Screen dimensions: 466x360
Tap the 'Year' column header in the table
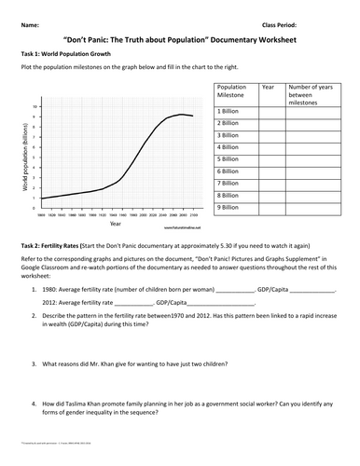click(268, 86)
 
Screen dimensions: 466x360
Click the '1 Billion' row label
click(228, 111)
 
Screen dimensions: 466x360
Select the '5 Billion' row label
click(228, 159)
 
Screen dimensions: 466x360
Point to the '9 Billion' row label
click(228, 207)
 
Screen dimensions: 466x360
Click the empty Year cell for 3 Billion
click(271, 135)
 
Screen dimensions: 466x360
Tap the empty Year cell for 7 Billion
click(271, 184)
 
